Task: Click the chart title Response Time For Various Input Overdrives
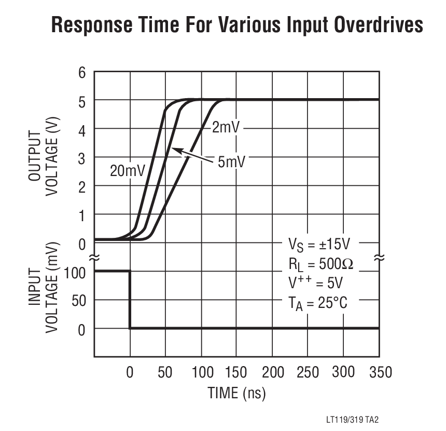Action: (x=237, y=24)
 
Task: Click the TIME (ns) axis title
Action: (x=236, y=393)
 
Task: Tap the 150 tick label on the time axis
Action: (x=236, y=372)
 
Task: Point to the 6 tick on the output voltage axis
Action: (x=81, y=72)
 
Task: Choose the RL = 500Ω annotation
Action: (x=320, y=264)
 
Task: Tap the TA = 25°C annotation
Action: (x=317, y=303)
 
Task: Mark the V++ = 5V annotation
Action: (x=315, y=283)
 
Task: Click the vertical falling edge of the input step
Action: (x=130, y=300)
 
